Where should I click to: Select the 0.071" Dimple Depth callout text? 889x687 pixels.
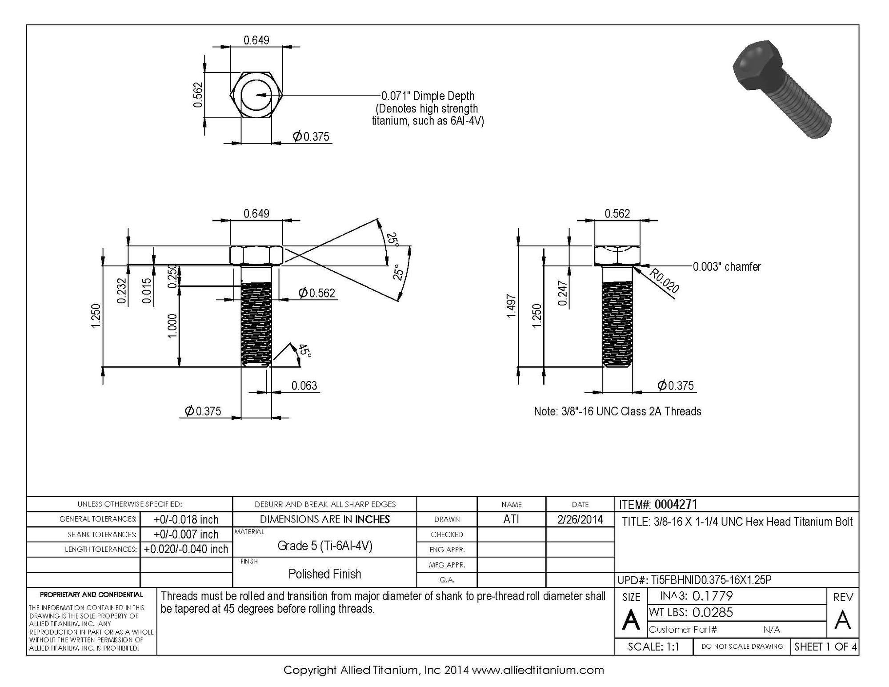(x=428, y=96)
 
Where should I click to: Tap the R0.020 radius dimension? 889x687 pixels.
(x=664, y=281)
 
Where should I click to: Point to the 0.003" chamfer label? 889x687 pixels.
(x=727, y=267)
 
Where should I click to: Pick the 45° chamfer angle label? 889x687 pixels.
(x=304, y=350)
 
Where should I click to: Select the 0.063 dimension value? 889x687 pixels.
(x=304, y=386)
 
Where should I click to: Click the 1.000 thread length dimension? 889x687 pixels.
(x=172, y=326)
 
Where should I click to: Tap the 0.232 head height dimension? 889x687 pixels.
(x=122, y=291)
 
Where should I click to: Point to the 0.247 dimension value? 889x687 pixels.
(x=562, y=293)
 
